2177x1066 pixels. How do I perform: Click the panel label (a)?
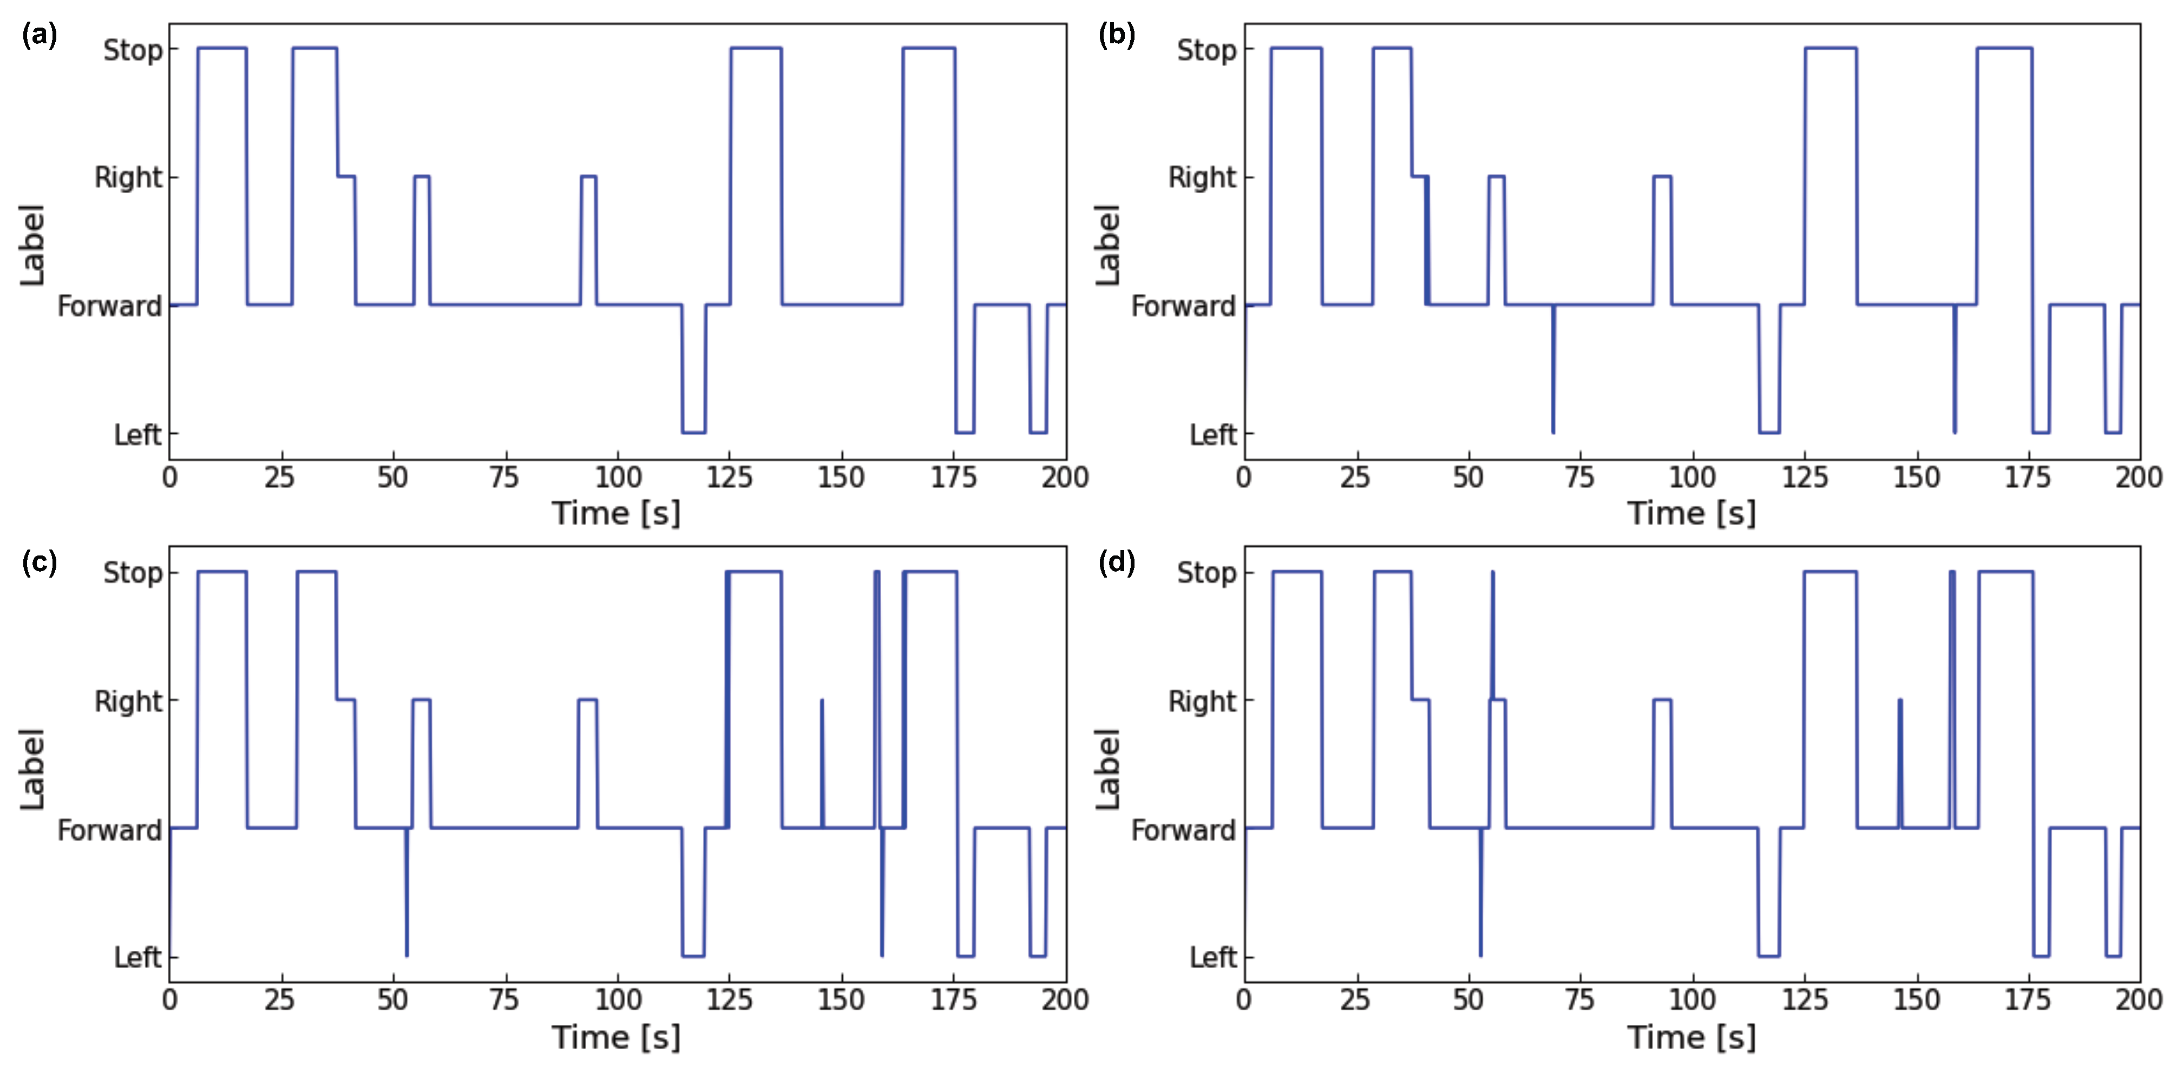pyautogui.click(x=39, y=36)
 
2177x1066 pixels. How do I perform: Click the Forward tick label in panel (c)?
pyautogui.click(x=109, y=830)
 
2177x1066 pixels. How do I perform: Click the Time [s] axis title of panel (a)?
pyautogui.click(x=616, y=513)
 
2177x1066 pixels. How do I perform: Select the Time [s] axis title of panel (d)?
pyautogui.click(x=1691, y=1036)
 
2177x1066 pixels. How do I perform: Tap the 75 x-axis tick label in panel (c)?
pyautogui.click(x=504, y=1000)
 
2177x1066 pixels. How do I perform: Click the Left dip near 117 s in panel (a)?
pyautogui.click(x=693, y=431)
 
